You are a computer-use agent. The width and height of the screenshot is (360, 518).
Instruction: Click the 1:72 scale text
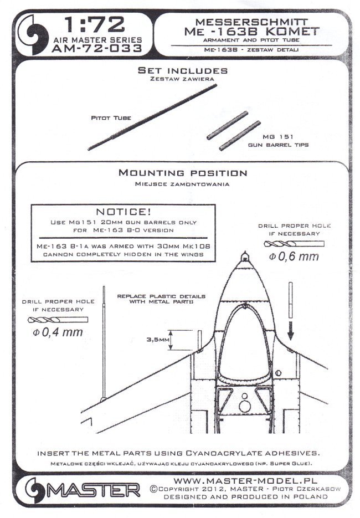tap(95, 24)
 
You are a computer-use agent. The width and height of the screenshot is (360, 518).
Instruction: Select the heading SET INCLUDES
tap(182, 71)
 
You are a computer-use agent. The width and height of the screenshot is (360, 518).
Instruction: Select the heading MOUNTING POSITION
tap(183, 173)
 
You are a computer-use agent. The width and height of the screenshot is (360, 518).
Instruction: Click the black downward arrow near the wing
tap(291, 332)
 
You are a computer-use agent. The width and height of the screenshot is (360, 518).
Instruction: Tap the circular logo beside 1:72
tap(35, 34)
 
